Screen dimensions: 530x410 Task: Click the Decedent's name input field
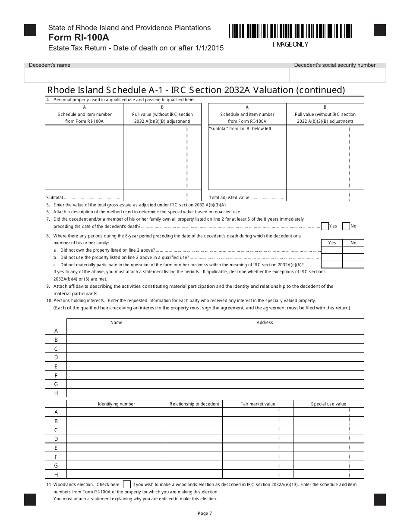coord(156,75)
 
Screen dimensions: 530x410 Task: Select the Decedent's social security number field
coord(337,75)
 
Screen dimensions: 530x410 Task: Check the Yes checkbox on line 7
coord(325,226)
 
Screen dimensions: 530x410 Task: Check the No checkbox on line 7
coord(346,226)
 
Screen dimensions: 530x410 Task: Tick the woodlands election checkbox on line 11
coord(127,484)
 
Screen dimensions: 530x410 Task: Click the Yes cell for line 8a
coord(332,250)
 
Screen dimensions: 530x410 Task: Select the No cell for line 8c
coord(353,265)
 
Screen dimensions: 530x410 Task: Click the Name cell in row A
coord(116,330)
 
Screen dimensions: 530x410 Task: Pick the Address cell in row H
coord(265,393)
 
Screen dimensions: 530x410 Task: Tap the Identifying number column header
coord(116,404)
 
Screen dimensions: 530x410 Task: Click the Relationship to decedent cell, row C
coord(194,430)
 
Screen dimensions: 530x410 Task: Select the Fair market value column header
coord(258,404)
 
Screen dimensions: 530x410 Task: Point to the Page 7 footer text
coord(205,513)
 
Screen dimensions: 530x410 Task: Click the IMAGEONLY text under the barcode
coord(290,44)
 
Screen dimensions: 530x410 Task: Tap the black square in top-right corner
coord(379,30)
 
